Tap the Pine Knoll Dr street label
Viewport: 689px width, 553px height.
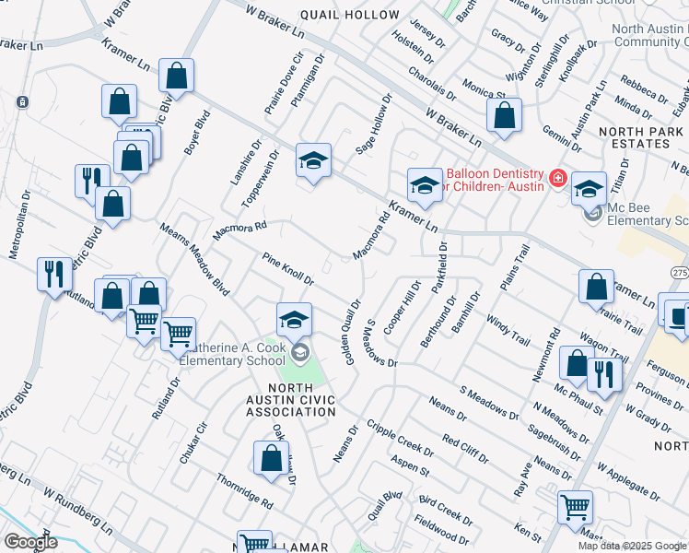tap(288, 269)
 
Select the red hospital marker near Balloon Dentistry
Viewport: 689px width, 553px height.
tap(557, 177)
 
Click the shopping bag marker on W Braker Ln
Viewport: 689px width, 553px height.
tap(503, 116)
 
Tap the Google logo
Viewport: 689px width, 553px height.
tap(30, 542)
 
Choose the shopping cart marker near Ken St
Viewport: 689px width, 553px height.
tap(575, 506)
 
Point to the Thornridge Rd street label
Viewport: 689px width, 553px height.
tap(244, 492)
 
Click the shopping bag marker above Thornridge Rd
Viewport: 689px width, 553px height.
tap(270, 457)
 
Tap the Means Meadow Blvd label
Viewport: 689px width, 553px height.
tap(194, 259)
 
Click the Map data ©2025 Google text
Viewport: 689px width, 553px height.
tap(632, 546)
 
